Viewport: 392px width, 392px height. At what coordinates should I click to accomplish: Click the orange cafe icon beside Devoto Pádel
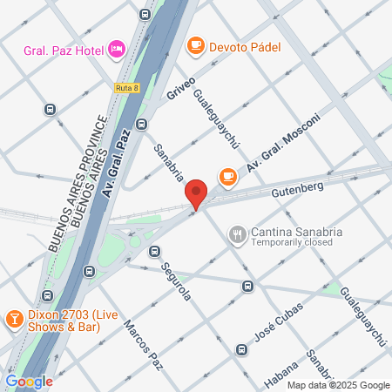point(196,44)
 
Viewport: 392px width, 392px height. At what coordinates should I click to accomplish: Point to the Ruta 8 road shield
point(126,87)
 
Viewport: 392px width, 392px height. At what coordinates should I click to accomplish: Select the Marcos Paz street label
point(143,343)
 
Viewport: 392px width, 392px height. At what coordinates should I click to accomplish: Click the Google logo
point(28,381)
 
